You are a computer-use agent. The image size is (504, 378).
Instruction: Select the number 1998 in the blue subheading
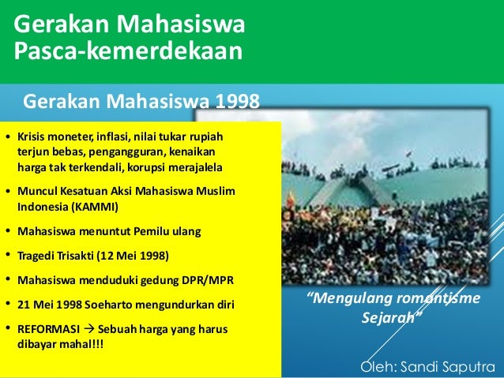pyautogui.click(x=235, y=102)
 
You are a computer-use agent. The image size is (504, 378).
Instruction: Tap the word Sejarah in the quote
pyautogui.click(x=392, y=323)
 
